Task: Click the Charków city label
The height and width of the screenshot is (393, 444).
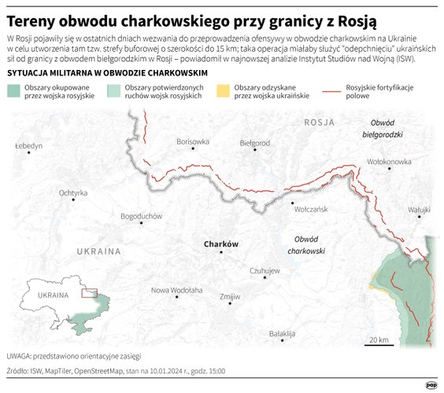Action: [220, 244]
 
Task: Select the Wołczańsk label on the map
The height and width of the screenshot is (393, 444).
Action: [310, 211]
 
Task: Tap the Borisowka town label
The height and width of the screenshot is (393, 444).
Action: [194, 141]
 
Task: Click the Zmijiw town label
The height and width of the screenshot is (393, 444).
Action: [230, 296]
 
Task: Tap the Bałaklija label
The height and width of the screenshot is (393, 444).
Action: [282, 333]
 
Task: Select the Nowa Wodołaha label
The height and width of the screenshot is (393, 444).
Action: [177, 289]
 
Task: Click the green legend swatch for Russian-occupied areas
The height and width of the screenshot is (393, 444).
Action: [14, 90]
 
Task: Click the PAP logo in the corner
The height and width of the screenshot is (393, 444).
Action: [431, 384]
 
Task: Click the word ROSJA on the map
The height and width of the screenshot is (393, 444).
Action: [320, 123]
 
